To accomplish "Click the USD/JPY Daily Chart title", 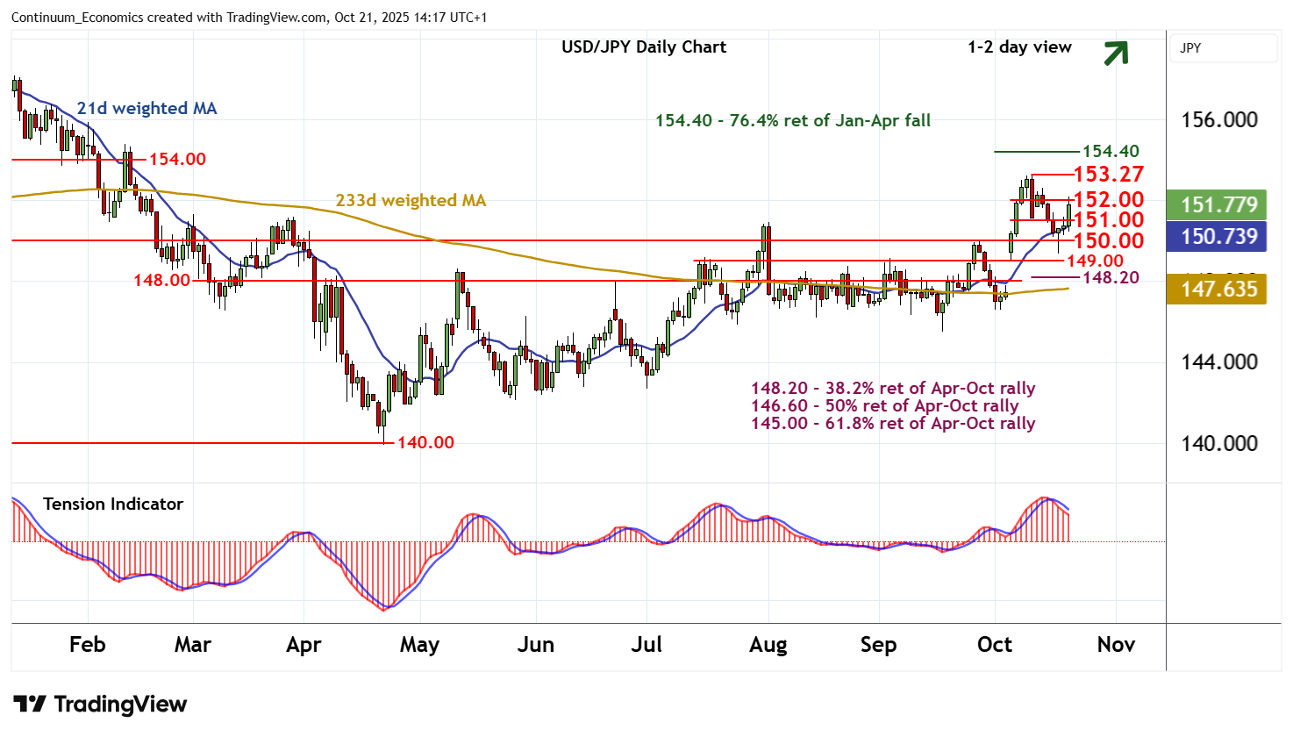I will tap(644, 47).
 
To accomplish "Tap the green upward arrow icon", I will tap(1115, 54).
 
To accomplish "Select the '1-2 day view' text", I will tap(1019, 47).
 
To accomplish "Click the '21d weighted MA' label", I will tap(146, 108).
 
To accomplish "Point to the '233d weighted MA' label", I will tap(411, 200).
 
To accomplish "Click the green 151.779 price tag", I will tap(1218, 205).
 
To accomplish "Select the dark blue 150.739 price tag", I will tap(1218, 236).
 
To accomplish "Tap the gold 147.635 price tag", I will tap(1218, 289).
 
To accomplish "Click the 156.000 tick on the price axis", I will tap(1219, 120).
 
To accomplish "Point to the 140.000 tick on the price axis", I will tap(1219, 443).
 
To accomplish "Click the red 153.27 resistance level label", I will tap(1108, 175).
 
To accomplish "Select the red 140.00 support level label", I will tap(425, 442).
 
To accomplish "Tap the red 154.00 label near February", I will tap(177, 159).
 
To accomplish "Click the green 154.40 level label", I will tap(1111, 151).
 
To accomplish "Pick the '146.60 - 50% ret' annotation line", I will tap(884, 405).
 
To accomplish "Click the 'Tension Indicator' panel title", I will tap(113, 504).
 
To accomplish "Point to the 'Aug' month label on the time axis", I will tap(768, 645).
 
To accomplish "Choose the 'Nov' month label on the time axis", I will tap(1116, 645).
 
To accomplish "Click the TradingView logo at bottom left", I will tap(100, 705).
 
